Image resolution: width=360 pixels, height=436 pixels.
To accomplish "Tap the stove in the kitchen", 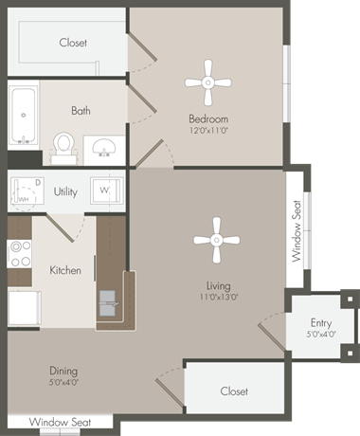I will tap(19, 253).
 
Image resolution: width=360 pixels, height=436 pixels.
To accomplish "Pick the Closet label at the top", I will tap(73, 43).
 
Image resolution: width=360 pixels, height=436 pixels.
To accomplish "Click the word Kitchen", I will tap(65, 270).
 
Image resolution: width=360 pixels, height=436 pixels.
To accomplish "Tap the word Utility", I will tap(65, 191).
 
